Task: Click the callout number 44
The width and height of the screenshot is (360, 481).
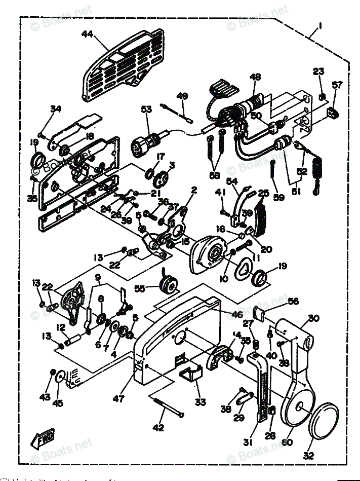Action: coord(87,34)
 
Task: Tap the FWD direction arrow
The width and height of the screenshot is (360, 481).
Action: coord(45,437)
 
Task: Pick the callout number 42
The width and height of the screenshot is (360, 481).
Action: coord(158,428)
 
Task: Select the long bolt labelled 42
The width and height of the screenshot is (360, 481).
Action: coord(168,408)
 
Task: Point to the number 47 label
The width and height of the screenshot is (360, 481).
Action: coord(118,399)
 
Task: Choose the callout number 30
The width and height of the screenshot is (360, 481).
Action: coord(313,318)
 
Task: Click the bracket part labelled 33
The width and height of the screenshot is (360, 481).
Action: coord(190,376)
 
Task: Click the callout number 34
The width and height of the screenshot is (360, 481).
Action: coord(55,109)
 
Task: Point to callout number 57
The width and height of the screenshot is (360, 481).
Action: coord(337,85)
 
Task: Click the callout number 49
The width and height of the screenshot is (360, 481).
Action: coord(182,96)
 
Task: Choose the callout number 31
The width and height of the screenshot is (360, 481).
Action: coord(248,442)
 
